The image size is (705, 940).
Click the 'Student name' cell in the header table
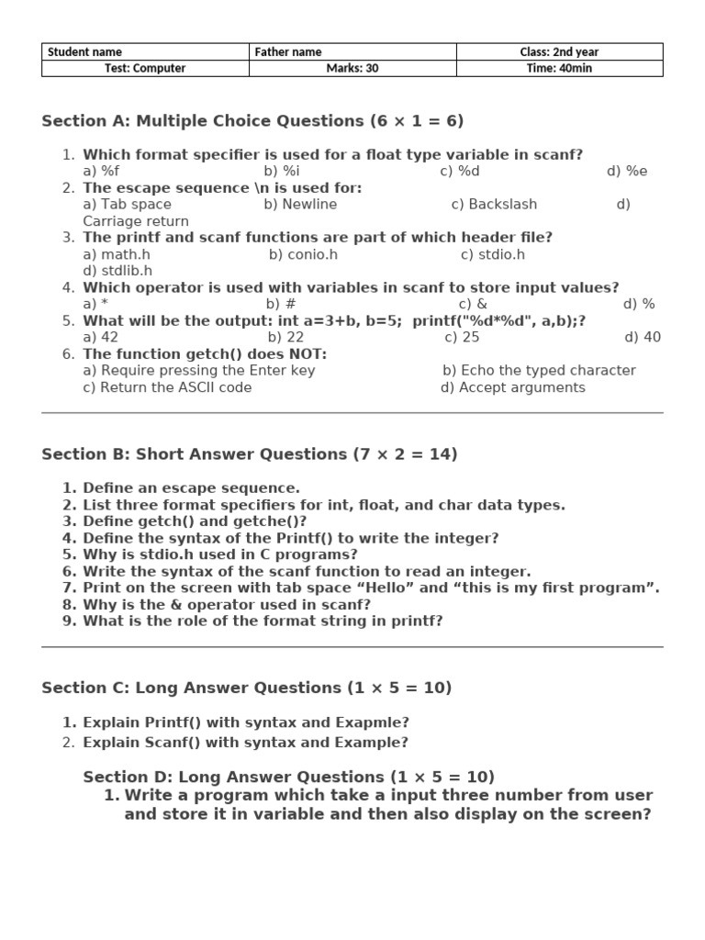point(145,52)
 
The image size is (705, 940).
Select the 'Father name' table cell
point(352,52)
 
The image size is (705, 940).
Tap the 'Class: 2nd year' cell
point(559,52)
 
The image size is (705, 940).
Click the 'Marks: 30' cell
point(352,68)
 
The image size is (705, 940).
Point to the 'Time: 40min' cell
point(559,68)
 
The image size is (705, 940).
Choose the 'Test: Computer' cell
point(145,68)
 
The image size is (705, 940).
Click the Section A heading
point(252,121)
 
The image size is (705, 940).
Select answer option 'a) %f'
point(101,171)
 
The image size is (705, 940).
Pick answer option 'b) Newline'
point(300,204)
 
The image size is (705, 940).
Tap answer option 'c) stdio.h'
point(493,254)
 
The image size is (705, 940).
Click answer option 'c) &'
point(473,304)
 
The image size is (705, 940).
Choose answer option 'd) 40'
point(643,337)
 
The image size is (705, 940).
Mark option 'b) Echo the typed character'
point(539,370)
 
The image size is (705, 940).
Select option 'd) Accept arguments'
point(512,387)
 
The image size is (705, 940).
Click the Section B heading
point(250,454)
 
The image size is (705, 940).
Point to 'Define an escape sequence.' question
point(191,488)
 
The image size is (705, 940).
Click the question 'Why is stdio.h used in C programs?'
point(220,554)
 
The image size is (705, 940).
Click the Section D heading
point(288,777)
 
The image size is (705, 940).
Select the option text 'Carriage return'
point(136,221)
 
